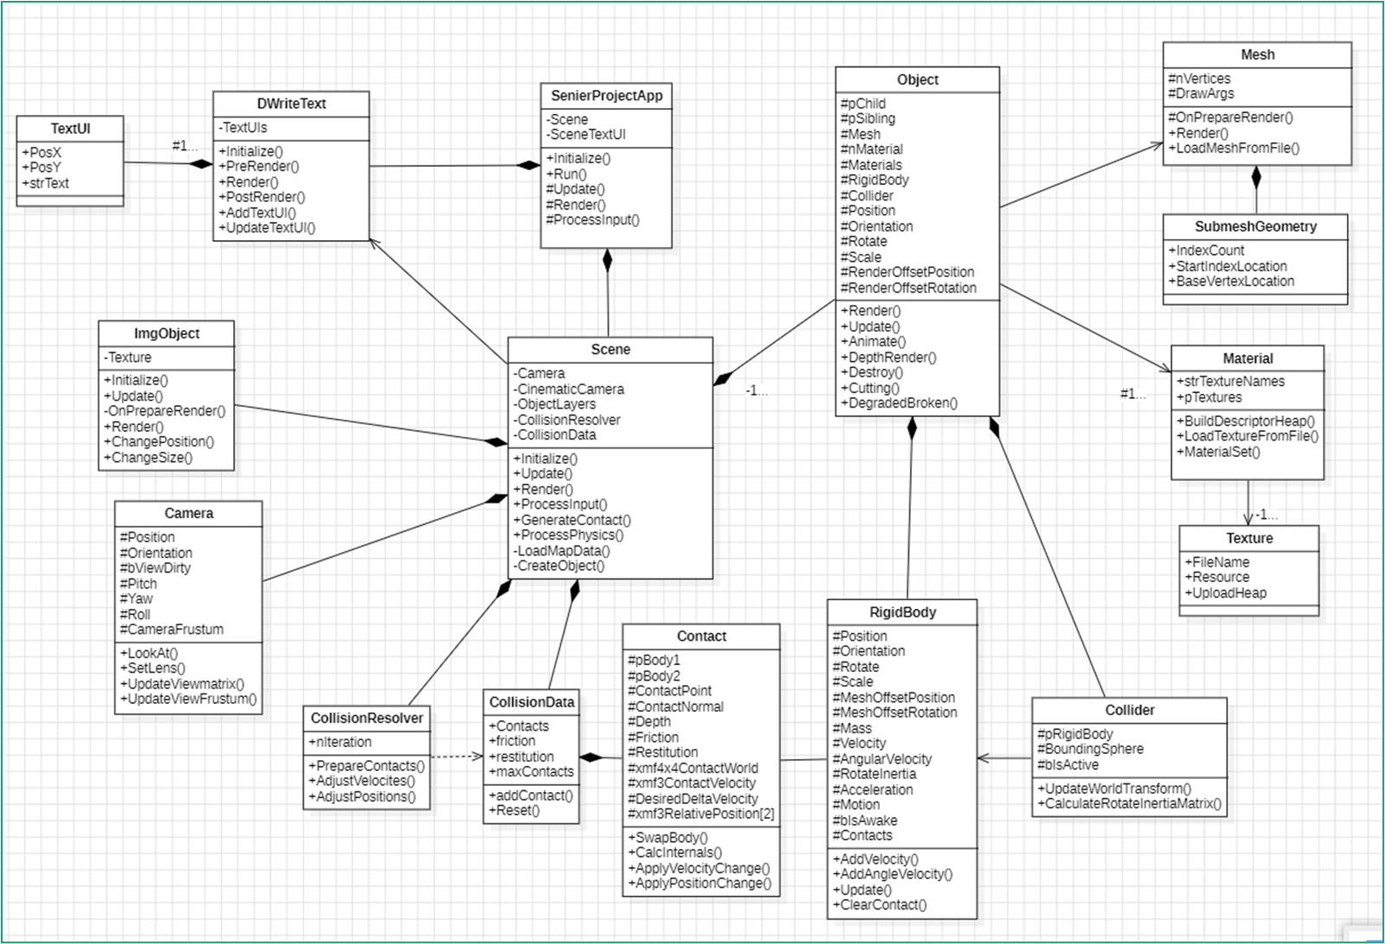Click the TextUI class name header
click(70, 129)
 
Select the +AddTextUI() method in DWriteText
click(257, 212)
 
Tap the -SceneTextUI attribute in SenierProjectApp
click(587, 135)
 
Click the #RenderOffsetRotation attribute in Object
click(908, 288)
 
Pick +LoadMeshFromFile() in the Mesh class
click(1235, 149)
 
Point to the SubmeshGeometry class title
click(1255, 226)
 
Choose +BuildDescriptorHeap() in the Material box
click(1245, 421)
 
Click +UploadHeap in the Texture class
click(1226, 593)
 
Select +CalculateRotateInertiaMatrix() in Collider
click(1129, 804)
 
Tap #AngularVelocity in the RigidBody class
click(882, 759)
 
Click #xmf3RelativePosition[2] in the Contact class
click(701, 814)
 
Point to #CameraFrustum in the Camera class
click(172, 630)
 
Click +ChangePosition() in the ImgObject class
click(159, 441)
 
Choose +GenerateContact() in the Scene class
click(572, 520)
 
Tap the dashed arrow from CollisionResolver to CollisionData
click(456, 757)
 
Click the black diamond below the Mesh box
click(1256, 179)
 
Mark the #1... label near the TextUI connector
click(184, 146)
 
